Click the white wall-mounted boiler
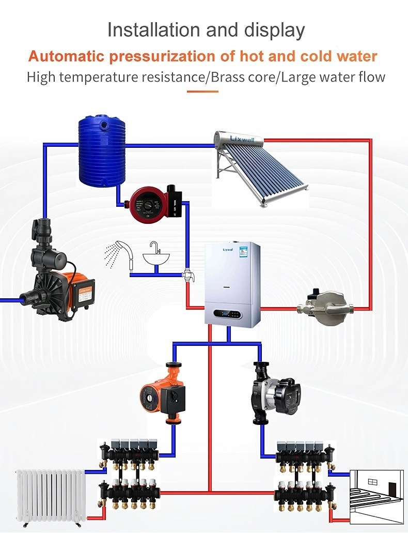click(232, 284)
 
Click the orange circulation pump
click(160, 394)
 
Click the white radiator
click(50, 493)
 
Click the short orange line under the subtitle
click(202, 92)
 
